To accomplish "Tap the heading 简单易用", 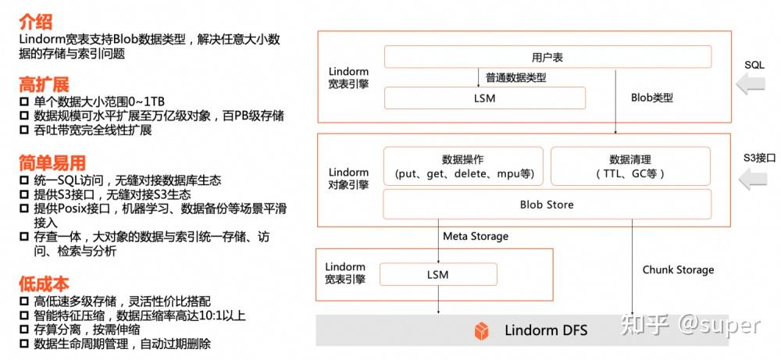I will [52, 163].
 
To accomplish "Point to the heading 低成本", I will [45, 283].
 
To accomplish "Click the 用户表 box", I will [547, 57].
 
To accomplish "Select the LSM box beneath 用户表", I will [484, 98].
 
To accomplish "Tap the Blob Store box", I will [547, 205].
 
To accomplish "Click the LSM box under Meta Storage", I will [437, 274].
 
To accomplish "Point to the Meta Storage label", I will [476, 236].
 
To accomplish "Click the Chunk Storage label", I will [678, 269].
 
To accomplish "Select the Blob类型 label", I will [651, 98].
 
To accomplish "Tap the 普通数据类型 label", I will [515, 77].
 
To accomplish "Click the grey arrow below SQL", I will [752, 85].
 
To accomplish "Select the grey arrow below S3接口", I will [752, 181].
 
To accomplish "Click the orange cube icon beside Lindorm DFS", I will [482, 330].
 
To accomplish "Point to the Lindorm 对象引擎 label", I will [348, 178].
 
